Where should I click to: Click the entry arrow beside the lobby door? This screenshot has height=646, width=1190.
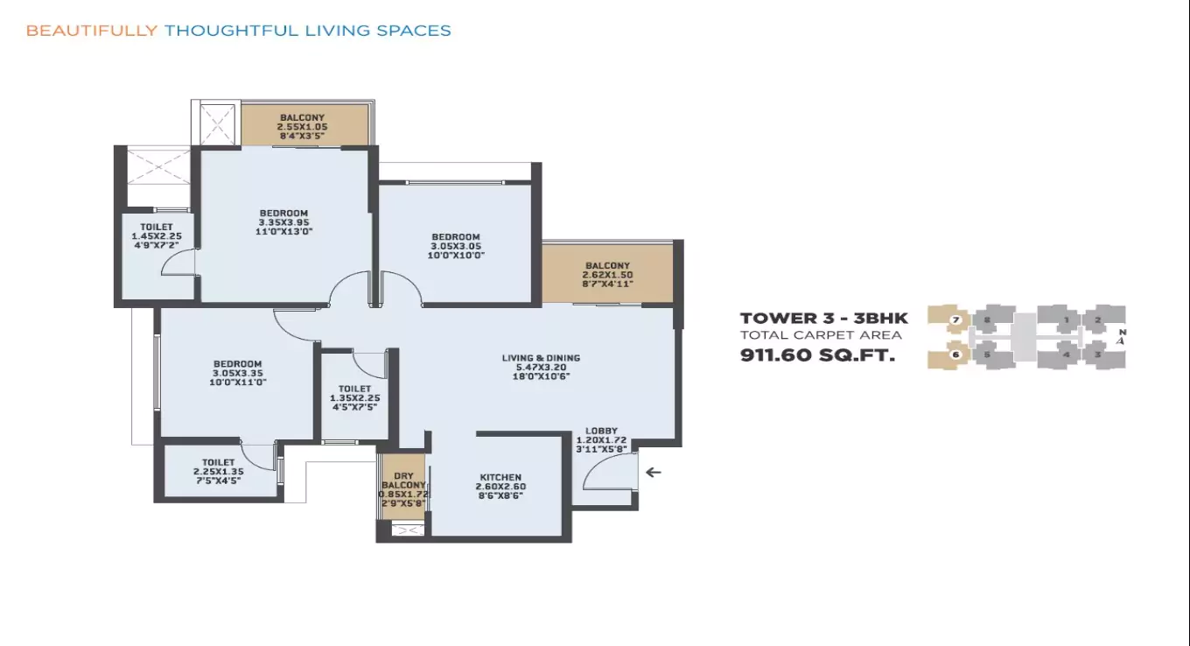pos(653,473)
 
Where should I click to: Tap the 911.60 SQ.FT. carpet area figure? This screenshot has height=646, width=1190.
pos(818,356)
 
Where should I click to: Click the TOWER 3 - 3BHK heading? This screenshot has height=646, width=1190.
pos(823,319)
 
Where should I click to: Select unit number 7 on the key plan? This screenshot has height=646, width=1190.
pos(955,320)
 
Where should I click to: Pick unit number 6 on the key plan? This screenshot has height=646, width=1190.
pos(955,355)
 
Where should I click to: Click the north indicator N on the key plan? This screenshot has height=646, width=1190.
pos(1121,333)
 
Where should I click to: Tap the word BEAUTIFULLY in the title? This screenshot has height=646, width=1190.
pos(92,31)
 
